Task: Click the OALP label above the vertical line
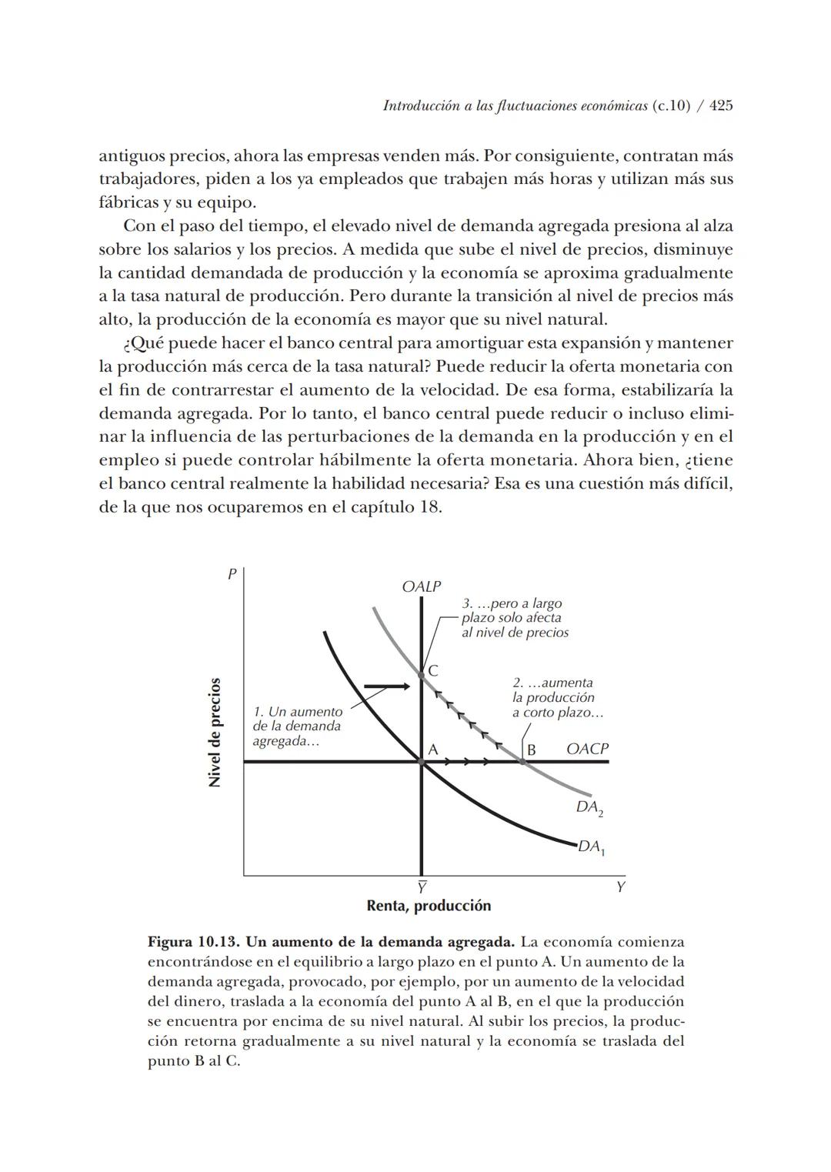tap(422, 586)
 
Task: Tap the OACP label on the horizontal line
tap(587, 749)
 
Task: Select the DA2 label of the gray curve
tap(589, 808)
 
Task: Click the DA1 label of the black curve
tap(592, 847)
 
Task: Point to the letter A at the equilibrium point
tap(432, 749)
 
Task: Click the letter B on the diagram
tap(531, 749)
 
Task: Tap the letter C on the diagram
tap(433, 671)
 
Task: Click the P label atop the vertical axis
tap(231, 574)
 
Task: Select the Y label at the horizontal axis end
tap(621, 887)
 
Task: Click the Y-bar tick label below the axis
tap(422, 887)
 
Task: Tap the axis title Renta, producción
tap(429, 906)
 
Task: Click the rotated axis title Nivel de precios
tap(215, 732)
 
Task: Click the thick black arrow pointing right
tap(387, 685)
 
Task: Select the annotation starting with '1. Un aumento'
tap(297, 726)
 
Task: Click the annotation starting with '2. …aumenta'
tap(557, 697)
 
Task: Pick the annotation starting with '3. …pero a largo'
tap(515, 618)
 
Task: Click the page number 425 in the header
tap(720, 106)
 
